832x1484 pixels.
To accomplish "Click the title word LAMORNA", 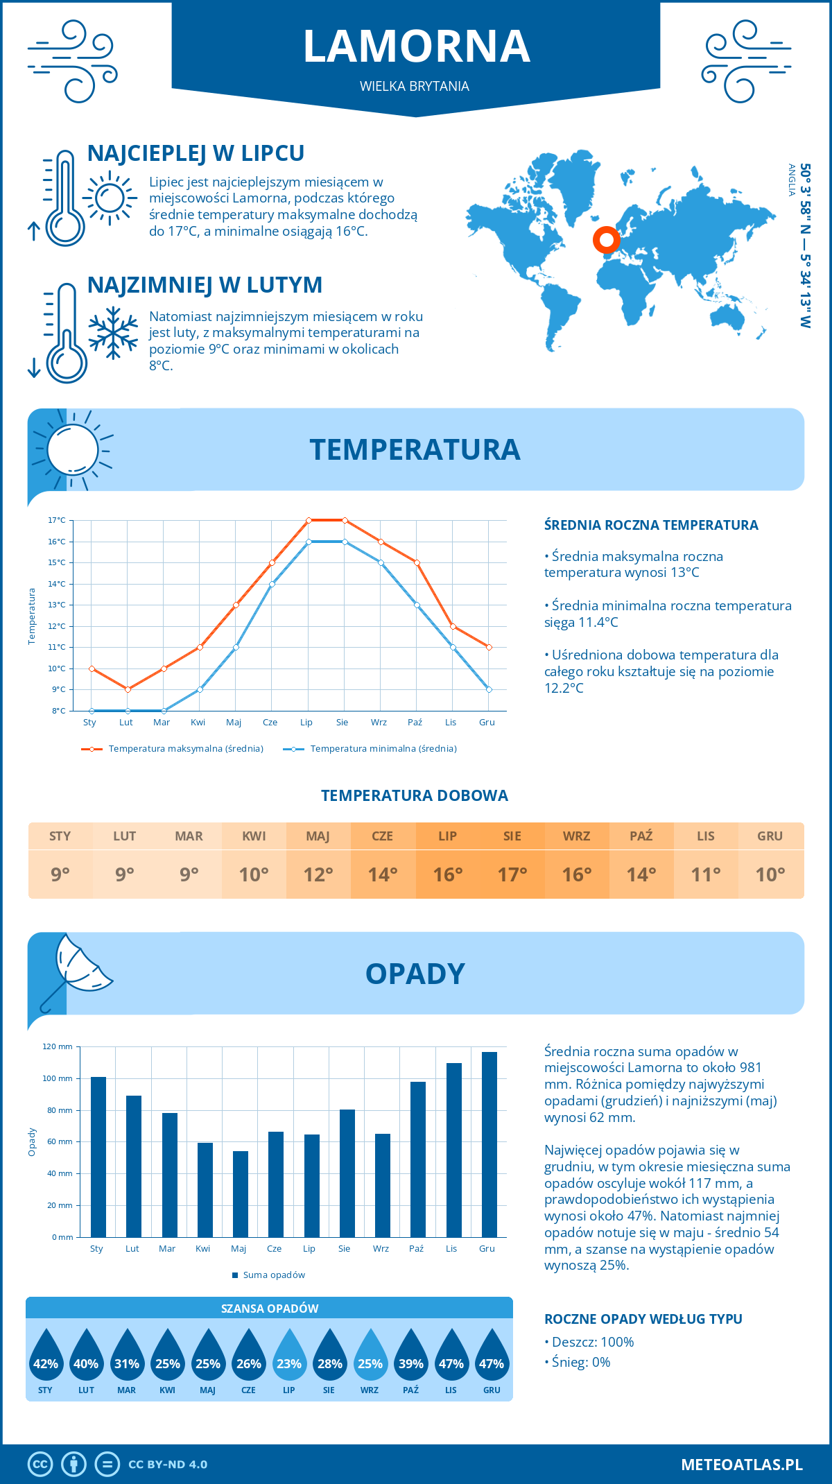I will point(416,46).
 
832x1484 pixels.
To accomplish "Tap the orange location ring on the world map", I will point(606,240).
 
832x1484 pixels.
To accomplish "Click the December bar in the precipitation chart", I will point(489,1144).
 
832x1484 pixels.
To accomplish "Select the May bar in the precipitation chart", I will point(240,1194).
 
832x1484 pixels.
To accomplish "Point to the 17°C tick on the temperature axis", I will point(57,520).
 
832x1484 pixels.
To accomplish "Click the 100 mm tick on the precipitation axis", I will point(58,1078).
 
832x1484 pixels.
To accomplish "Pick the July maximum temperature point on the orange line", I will point(309,520).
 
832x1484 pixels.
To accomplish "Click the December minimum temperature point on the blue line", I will point(489,689).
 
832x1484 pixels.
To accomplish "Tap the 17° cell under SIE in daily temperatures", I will point(512,874).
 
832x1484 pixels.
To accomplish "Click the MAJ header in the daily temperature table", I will point(318,836).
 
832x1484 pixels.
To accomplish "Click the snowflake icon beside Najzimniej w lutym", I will point(113,333).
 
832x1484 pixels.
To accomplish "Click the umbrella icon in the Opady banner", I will point(76,971).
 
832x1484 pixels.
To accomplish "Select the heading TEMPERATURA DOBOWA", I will point(415,795).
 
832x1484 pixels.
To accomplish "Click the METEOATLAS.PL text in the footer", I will point(741,1465).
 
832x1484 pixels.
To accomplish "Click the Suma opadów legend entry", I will point(274,1275).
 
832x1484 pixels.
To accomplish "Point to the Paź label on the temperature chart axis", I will point(415,723).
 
